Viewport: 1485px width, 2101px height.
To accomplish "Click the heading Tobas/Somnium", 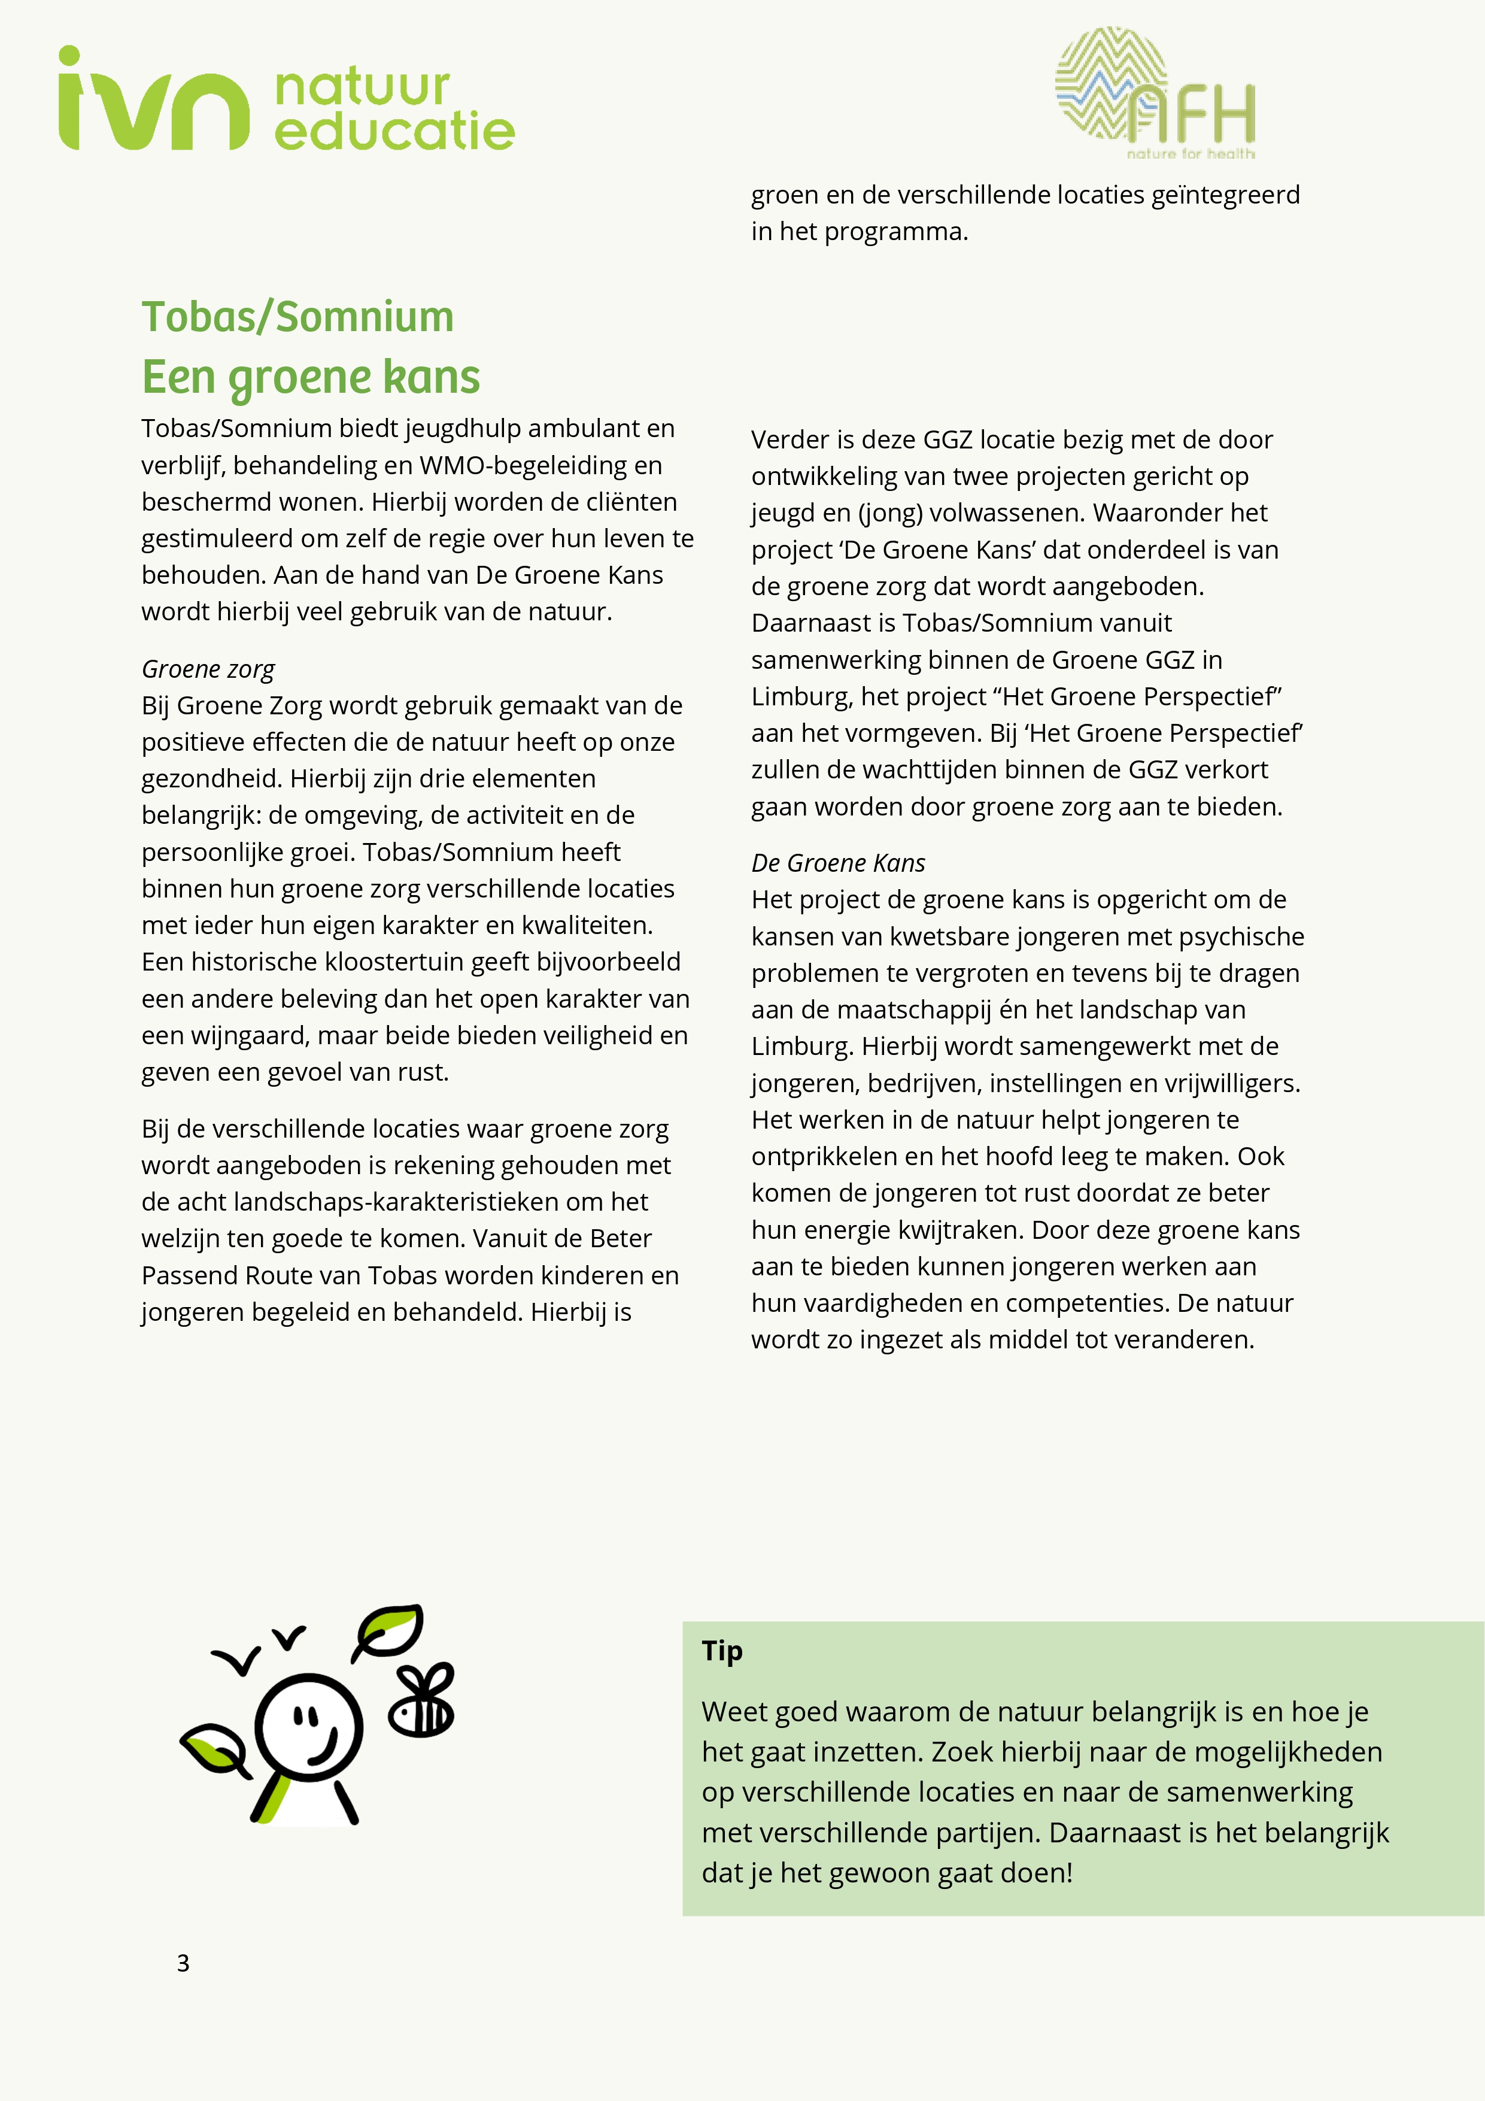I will click(297, 317).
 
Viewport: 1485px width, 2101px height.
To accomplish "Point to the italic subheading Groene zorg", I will click(208, 669).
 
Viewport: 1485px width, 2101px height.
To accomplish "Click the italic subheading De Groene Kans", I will click(837, 863).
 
